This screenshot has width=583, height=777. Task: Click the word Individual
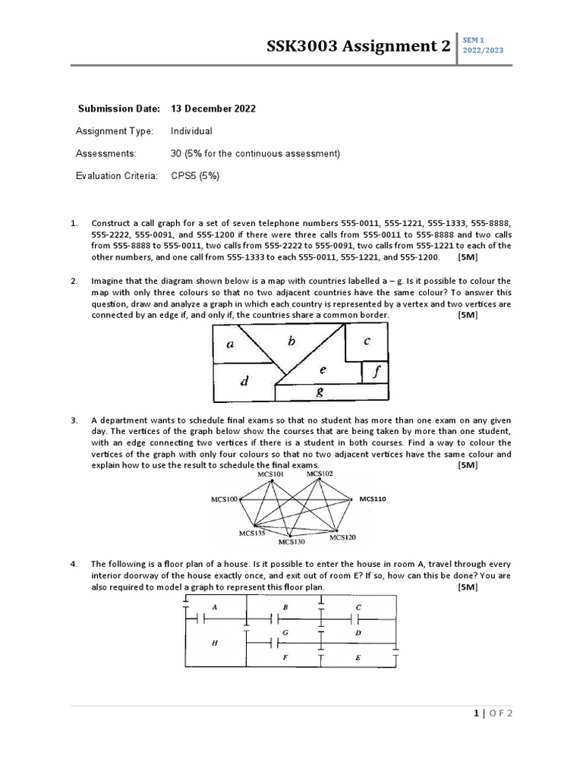click(191, 131)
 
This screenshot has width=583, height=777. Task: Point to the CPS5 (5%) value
click(195, 175)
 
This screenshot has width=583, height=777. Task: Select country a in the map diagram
click(231, 344)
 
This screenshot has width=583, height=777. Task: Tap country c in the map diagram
click(367, 341)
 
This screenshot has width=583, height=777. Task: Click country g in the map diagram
click(319, 392)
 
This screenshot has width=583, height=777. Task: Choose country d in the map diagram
click(244, 382)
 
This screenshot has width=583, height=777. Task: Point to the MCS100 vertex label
click(224, 499)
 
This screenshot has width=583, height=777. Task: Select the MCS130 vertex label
click(291, 542)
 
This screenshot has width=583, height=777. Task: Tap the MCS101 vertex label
click(271, 474)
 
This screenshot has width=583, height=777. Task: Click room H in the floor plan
click(215, 643)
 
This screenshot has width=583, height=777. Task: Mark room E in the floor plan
click(358, 658)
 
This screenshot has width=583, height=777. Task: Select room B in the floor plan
click(285, 608)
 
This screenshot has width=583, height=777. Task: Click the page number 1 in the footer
click(476, 713)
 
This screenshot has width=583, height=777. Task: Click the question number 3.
click(74, 420)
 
